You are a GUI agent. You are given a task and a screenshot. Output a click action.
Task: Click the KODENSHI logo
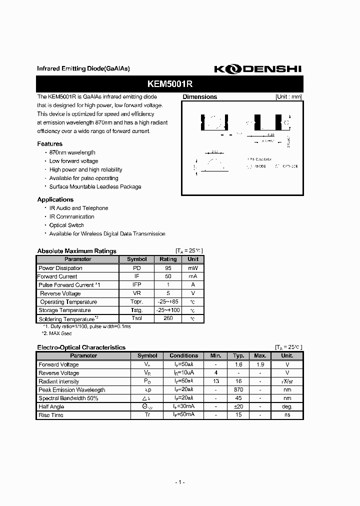[x=258, y=69]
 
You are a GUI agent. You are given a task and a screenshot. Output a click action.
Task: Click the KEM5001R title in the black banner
[x=169, y=83]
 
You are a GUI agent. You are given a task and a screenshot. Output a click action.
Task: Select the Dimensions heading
[x=200, y=97]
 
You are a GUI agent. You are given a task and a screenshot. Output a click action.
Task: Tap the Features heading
[x=50, y=144]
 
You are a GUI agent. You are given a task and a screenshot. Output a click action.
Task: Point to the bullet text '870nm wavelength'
[x=72, y=152]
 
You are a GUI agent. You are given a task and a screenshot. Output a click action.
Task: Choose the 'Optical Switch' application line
[x=66, y=225]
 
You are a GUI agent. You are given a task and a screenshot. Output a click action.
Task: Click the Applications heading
[x=55, y=199]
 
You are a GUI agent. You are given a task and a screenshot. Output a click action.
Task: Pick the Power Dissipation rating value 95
[x=168, y=268]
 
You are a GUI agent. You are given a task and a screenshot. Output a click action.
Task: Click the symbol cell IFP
[x=136, y=285]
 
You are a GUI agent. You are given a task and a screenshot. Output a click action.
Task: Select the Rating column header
[x=168, y=259]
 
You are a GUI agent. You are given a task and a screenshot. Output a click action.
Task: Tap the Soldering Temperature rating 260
[x=168, y=318]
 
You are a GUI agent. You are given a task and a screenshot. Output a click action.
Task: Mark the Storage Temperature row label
[x=64, y=310]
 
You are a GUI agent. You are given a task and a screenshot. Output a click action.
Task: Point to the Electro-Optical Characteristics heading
[x=81, y=347]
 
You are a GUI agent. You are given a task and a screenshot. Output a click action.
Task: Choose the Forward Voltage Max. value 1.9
[x=260, y=364]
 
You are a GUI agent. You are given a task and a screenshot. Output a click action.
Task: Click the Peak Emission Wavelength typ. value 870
[x=238, y=390]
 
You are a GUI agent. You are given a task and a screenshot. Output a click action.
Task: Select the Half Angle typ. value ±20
[x=238, y=407]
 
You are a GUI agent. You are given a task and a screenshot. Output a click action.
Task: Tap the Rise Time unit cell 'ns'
[x=287, y=415]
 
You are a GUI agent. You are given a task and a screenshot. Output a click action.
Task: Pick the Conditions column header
[x=184, y=355]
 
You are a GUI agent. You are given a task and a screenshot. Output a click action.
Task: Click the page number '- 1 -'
[x=180, y=482]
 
